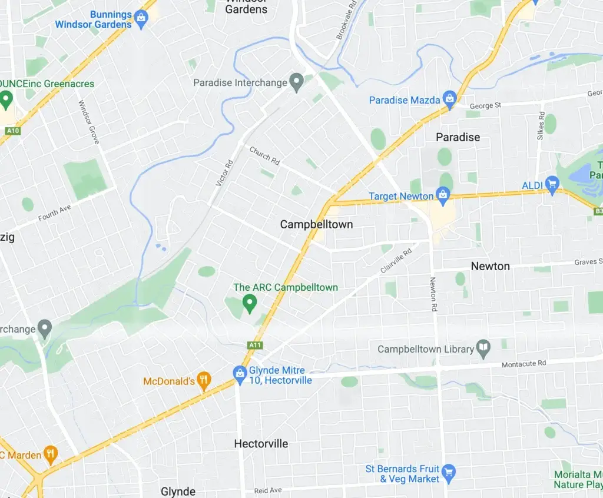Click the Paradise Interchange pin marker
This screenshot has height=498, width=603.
pyautogui.click(x=297, y=82)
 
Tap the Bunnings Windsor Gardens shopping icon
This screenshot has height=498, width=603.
pyautogui.click(x=141, y=18)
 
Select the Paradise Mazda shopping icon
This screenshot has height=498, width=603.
pyautogui.click(x=449, y=99)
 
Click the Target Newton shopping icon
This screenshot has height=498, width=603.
pyautogui.click(x=443, y=195)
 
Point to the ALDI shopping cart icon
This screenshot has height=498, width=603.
pyautogui.click(x=552, y=185)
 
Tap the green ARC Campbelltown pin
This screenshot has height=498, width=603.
pyautogui.click(x=250, y=304)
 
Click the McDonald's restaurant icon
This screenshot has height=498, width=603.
pyautogui.click(x=204, y=380)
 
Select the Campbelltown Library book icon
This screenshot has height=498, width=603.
pyautogui.click(x=483, y=348)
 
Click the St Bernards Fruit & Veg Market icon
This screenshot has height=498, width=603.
pyautogui.click(x=449, y=472)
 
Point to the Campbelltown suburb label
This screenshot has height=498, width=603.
pyautogui.click(x=316, y=224)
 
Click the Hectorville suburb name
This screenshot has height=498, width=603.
pyautogui.click(x=261, y=443)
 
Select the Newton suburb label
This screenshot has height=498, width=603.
pyautogui.click(x=490, y=266)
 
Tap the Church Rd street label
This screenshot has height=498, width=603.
pyautogui.click(x=264, y=155)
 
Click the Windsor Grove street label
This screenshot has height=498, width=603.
pyautogui.click(x=89, y=122)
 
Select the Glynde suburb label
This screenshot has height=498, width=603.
pyautogui.click(x=178, y=491)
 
